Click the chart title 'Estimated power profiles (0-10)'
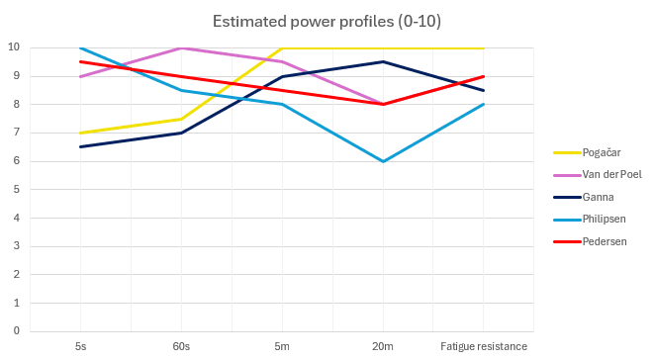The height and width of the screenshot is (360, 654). [x=326, y=21]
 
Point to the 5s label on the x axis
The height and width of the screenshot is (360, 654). [x=80, y=345]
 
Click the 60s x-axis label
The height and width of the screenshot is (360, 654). [x=181, y=345]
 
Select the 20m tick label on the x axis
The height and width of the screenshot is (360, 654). [x=383, y=345]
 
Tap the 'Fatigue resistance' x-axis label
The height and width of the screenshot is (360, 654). [x=484, y=345]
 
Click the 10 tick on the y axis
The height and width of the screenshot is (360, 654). [x=15, y=47]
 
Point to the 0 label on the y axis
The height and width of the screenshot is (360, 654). [x=17, y=331]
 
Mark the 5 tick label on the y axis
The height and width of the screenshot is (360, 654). [x=17, y=190]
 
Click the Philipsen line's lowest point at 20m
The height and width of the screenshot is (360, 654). [x=383, y=161]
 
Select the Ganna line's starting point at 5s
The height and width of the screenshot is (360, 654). [x=80, y=147]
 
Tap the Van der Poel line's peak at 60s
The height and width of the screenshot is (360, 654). [x=181, y=47]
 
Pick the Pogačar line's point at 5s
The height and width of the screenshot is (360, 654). [x=80, y=133]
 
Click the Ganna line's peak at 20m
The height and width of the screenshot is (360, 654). [x=383, y=61]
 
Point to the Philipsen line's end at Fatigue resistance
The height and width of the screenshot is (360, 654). [x=484, y=104]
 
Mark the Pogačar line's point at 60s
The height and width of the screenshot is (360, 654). [x=181, y=119]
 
